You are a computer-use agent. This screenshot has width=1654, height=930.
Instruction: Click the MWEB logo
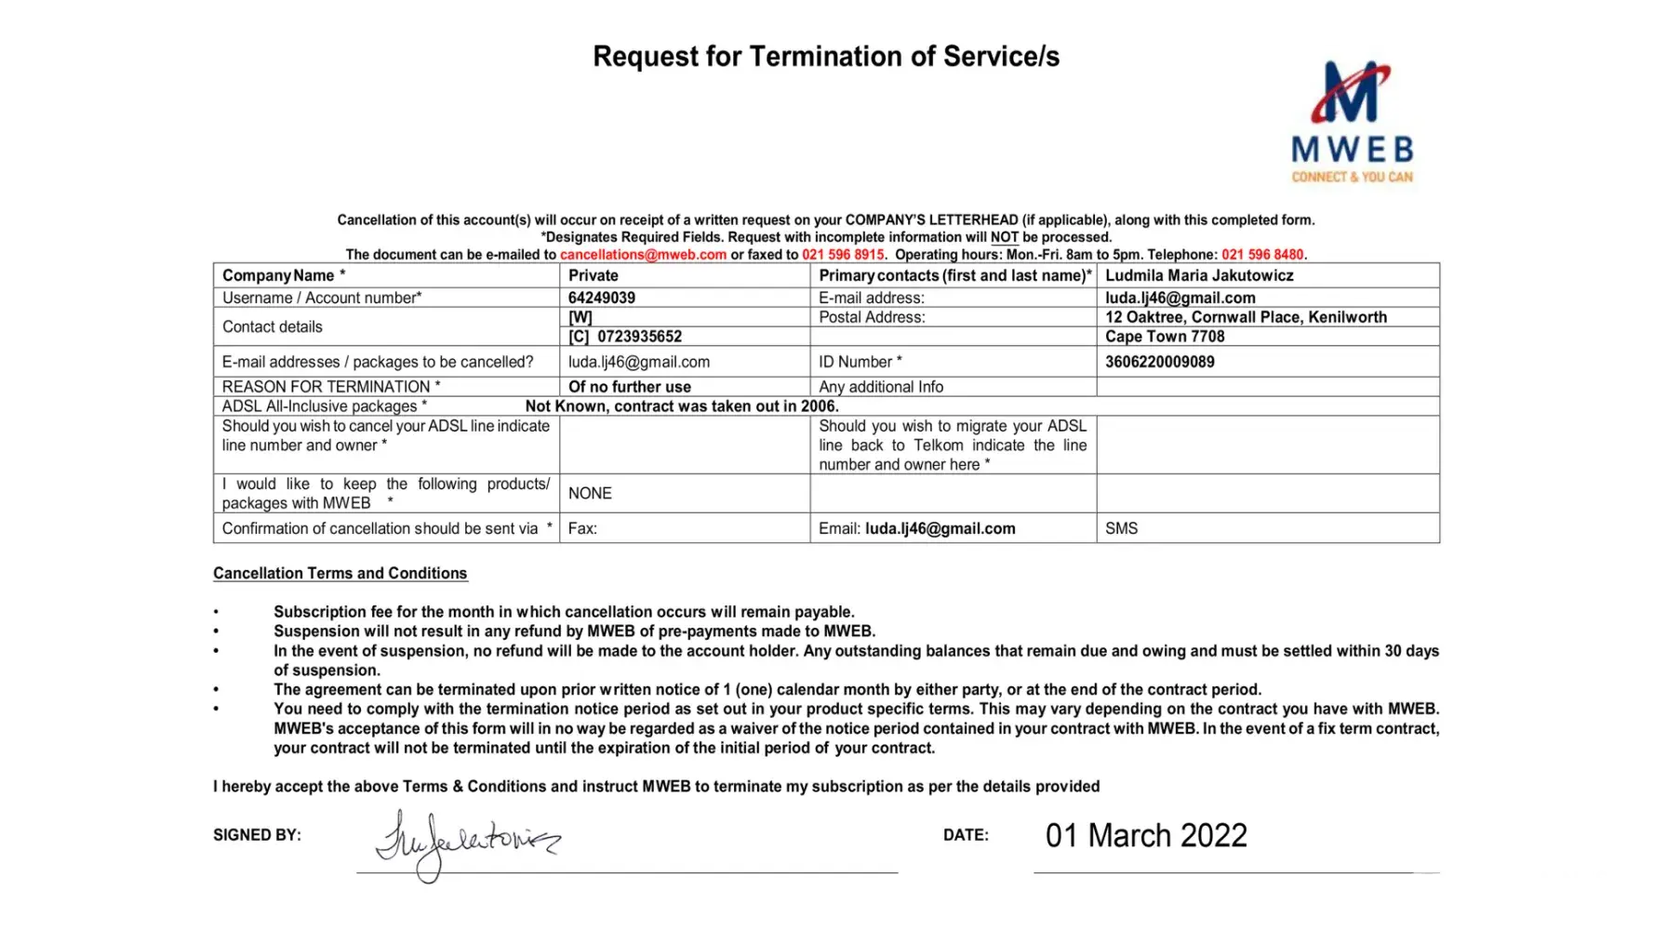pos(1352,122)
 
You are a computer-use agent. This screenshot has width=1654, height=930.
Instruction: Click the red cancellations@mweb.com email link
pos(643,255)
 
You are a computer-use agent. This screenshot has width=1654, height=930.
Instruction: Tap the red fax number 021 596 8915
pos(843,255)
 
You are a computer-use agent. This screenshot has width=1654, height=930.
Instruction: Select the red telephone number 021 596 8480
pos(1262,255)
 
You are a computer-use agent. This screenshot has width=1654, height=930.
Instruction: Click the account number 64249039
pos(602,299)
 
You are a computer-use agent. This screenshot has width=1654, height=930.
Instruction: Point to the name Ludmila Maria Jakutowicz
pos(1199,275)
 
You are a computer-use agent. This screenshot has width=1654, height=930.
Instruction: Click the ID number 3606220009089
pos(1159,362)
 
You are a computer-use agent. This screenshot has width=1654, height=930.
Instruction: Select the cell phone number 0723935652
pos(639,337)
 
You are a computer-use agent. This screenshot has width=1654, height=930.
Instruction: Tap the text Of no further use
pos(630,387)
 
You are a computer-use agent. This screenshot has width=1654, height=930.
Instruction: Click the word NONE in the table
pos(590,493)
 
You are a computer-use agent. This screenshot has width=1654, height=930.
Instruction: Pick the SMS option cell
pos(1122,528)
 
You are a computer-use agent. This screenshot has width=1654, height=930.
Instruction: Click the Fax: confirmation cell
pos(583,528)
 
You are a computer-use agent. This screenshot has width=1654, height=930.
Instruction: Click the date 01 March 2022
pos(1146,835)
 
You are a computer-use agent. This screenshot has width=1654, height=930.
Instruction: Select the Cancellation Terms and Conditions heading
pos(340,574)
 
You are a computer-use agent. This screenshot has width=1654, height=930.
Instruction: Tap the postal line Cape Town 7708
pos(1165,337)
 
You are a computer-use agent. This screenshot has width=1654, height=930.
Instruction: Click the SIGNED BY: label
pos(257,835)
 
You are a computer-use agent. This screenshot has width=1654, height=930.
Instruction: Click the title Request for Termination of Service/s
pos(826,57)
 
